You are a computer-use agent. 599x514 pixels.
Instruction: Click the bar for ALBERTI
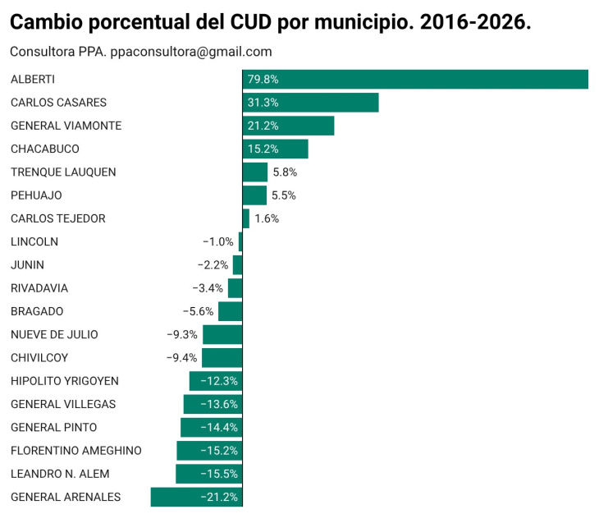click(x=415, y=80)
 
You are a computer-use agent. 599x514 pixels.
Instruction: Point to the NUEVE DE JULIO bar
click(x=222, y=334)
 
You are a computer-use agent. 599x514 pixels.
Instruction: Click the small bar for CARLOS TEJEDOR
click(x=246, y=218)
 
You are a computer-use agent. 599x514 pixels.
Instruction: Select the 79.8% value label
click(x=263, y=80)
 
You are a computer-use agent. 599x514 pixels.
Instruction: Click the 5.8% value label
click(x=284, y=172)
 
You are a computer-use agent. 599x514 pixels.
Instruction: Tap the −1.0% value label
click(x=218, y=241)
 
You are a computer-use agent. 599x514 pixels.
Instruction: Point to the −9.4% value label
click(x=182, y=357)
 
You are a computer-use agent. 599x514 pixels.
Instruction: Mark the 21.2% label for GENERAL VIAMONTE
click(x=263, y=126)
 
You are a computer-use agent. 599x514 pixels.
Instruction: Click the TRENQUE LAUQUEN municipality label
click(x=63, y=172)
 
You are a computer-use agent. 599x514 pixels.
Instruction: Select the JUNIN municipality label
click(x=27, y=264)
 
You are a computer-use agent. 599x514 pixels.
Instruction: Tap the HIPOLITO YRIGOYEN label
click(x=65, y=381)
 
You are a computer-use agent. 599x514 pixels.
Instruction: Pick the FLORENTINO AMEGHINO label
click(x=76, y=450)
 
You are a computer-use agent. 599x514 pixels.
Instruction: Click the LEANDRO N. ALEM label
click(x=60, y=474)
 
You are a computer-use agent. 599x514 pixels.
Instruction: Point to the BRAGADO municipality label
click(x=37, y=311)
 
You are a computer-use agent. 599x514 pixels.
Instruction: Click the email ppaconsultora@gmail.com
click(x=191, y=52)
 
